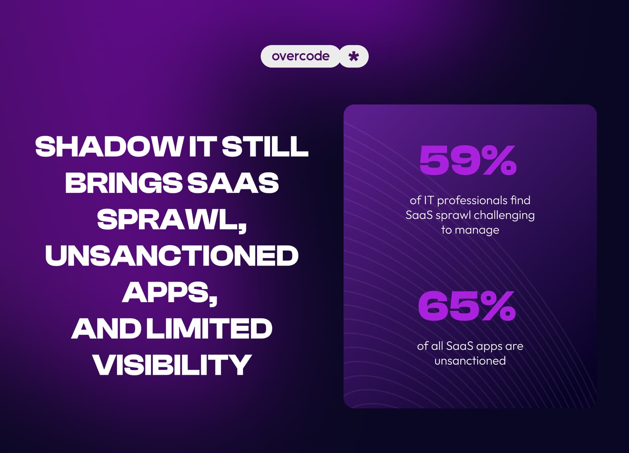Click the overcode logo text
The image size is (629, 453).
click(x=300, y=56)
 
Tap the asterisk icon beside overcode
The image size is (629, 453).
click(x=354, y=57)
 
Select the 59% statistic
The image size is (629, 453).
click(x=468, y=160)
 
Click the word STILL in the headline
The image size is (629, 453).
click(x=265, y=147)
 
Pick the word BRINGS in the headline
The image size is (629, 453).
click(x=123, y=183)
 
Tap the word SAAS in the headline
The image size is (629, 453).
click(x=233, y=183)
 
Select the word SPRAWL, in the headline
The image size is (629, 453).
click(x=172, y=220)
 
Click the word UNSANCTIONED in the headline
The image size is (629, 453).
click(x=172, y=256)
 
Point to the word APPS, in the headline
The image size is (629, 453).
click(x=169, y=293)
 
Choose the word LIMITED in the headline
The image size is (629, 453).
click(x=209, y=329)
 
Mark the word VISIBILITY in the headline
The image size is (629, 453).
click(x=172, y=365)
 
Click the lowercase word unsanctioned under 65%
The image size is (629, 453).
click(x=470, y=361)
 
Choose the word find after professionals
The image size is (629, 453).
click(x=520, y=200)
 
